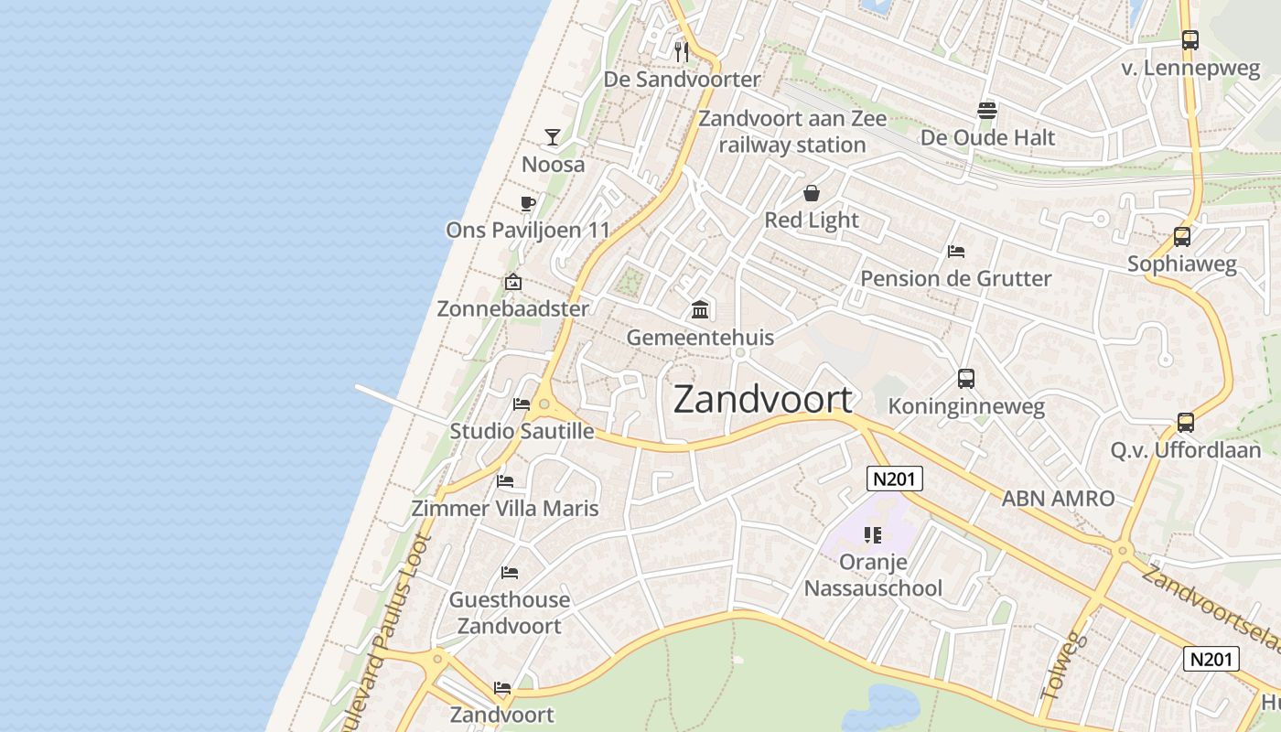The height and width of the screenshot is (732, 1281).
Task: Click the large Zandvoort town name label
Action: (x=763, y=400)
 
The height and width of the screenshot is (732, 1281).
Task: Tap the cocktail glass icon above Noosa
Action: (x=553, y=137)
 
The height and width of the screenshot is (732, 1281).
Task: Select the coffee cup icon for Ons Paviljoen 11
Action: (x=527, y=203)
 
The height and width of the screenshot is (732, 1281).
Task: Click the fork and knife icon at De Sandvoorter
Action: (x=681, y=50)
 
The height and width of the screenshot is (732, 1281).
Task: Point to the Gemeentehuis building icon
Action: (x=701, y=310)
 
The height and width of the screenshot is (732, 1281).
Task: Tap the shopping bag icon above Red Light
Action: (x=812, y=193)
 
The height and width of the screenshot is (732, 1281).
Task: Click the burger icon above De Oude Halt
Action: (x=987, y=111)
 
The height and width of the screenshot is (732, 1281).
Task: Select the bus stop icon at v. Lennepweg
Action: (x=1189, y=40)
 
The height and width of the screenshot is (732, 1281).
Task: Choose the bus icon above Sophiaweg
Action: (x=1182, y=237)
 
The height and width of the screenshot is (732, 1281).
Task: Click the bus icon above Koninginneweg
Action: (x=966, y=379)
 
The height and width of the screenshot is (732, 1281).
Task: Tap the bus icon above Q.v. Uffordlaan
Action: (x=1186, y=423)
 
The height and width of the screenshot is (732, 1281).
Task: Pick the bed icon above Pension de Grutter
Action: (x=956, y=251)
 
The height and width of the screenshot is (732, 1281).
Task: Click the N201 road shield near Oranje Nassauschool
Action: (x=895, y=479)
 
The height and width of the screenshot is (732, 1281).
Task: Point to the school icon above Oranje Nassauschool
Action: (x=872, y=534)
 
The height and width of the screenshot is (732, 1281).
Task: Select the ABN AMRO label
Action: (x=1058, y=499)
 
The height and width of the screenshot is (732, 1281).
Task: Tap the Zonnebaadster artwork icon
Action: (x=513, y=282)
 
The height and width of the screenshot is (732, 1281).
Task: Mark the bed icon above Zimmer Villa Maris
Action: (x=505, y=481)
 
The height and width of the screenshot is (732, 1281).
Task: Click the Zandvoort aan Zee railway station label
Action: (x=792, y=132)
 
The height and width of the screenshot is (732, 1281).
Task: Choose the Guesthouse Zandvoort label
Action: (x=509, y=613)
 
